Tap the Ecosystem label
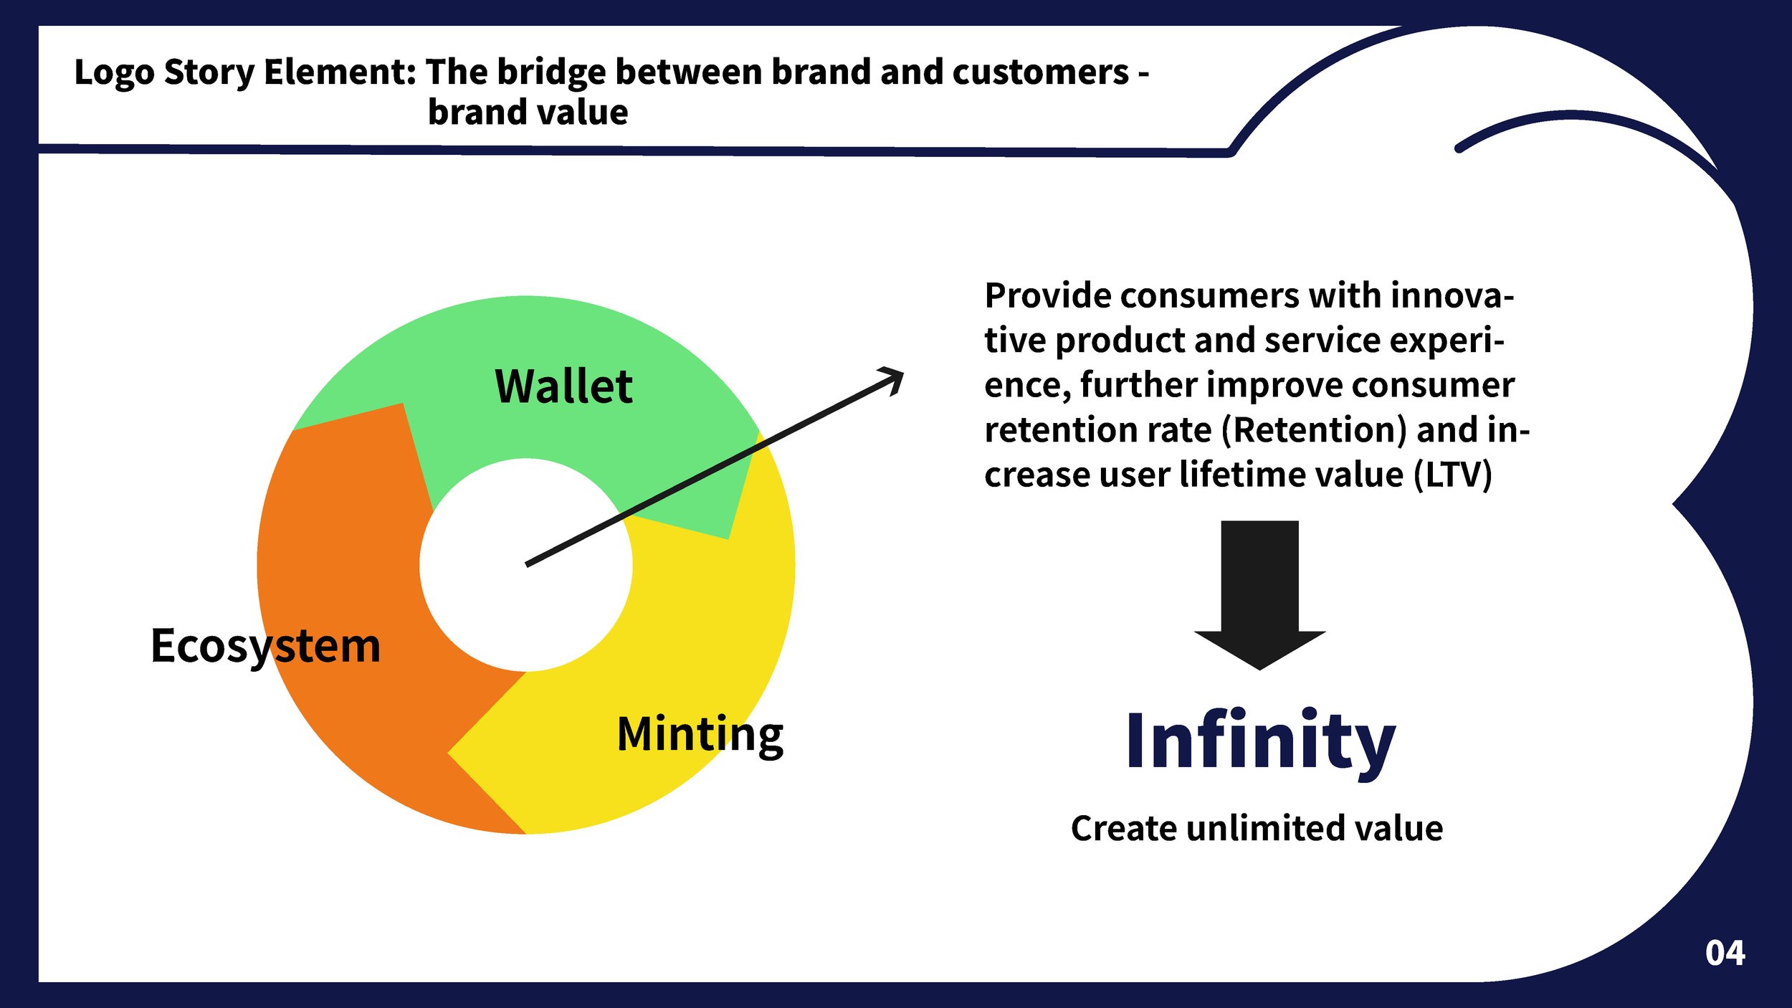tap(265, 647)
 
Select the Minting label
tap(700, 735)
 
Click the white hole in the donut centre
tap(526, 565)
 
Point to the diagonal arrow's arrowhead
tap(893, 380)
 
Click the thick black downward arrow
tap(1259, 595)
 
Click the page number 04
tap(1725, 953)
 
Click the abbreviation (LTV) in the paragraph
tap(1453, 475)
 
